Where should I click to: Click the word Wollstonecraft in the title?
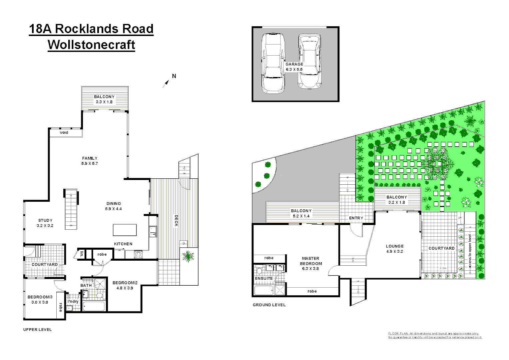tap(91, 45)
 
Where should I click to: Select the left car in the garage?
tap(273, 63)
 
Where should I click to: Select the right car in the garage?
tap(309, 61)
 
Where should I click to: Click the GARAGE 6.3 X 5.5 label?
tap(294, 67)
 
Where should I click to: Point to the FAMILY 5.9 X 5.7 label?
tap(90, 161)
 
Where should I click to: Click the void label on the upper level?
tap(64, 133)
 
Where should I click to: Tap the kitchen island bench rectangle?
tap(125, 230)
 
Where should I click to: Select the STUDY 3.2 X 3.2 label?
tap(45, 223)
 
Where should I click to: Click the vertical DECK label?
tap(176, 221)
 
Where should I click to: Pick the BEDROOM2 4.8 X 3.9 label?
tap(125, 285)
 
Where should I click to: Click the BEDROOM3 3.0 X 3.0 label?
tap(40, 299)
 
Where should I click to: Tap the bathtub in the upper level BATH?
tap(94, 306)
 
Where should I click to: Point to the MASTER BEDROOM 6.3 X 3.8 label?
tap(310, 263)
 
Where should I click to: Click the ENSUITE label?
tap(264, 278)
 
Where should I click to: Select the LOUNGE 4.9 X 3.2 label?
tap(395, 249)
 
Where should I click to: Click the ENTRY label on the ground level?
tap(356, 218)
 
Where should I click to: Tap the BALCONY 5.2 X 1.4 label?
tap(301, 213)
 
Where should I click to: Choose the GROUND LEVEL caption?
tap(269, 305)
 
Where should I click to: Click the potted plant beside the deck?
tap(188, 256)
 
